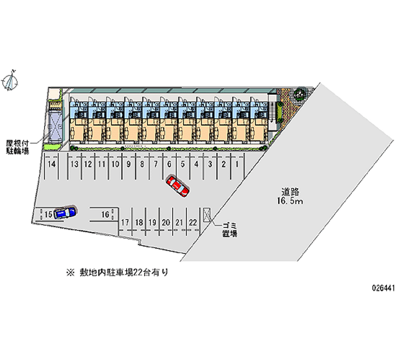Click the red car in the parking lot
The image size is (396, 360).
coord(177,186)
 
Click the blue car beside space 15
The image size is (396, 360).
coord(65,212)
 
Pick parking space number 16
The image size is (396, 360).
coord(105,214)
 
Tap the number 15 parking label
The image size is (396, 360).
coord(48,214)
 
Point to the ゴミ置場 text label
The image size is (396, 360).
coord(229,228)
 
